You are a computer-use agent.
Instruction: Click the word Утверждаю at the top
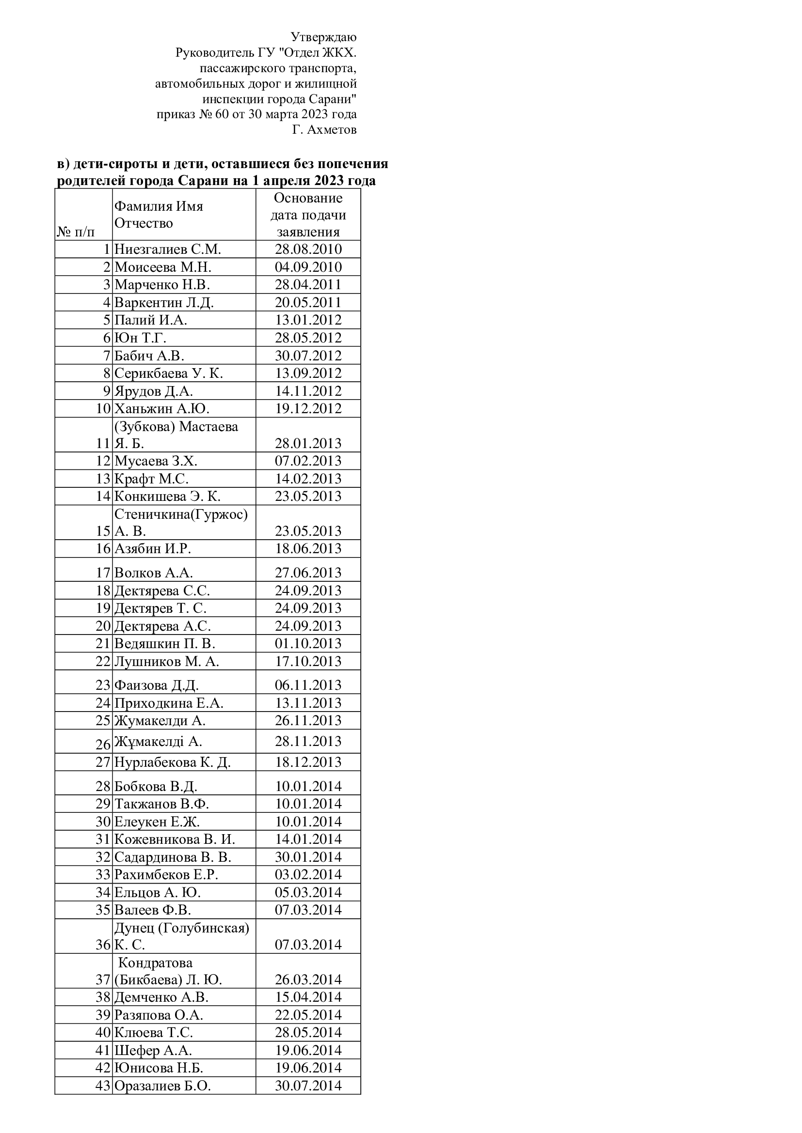pyautogui.click(x=323, y=37)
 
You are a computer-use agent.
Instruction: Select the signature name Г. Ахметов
pyautogui.click(x=324, y=130)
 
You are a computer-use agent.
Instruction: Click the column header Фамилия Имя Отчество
pyautogui.click(x=159, y=215)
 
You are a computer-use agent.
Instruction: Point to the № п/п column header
pyautogui.click(x=76, y=232)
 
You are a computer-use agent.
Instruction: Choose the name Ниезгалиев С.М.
pyautogui.click(x=167, y=249)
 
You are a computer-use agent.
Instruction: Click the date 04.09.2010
pyautogui.click(x=308, y=267)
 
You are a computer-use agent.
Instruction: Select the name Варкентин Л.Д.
pyautogui.click(x=164, y=302)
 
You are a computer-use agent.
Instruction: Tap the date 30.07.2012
pyautogui.click(x=308, y=356)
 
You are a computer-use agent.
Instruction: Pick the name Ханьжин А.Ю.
pyautogui.click(x=162, y=409)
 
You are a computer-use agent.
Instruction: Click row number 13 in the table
pyautogui.click(x=103, y=479)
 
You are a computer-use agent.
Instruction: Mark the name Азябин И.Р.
pyautogui.click(x=153, y=549)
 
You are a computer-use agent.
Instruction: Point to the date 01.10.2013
pyautogui.click(x=308, y=644)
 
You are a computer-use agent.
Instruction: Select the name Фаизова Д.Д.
pyautogui.click(x=157, y=685)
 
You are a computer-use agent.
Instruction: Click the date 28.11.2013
pyautogui.click(x=308, y=742)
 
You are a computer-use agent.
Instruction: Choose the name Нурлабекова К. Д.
pyautogui.click(x=172, y=763)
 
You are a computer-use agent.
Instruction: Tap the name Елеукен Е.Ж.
pyautogui.click(x=157, y=822)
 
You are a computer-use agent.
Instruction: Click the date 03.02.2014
pyautogui.click(x=308, y=875)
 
